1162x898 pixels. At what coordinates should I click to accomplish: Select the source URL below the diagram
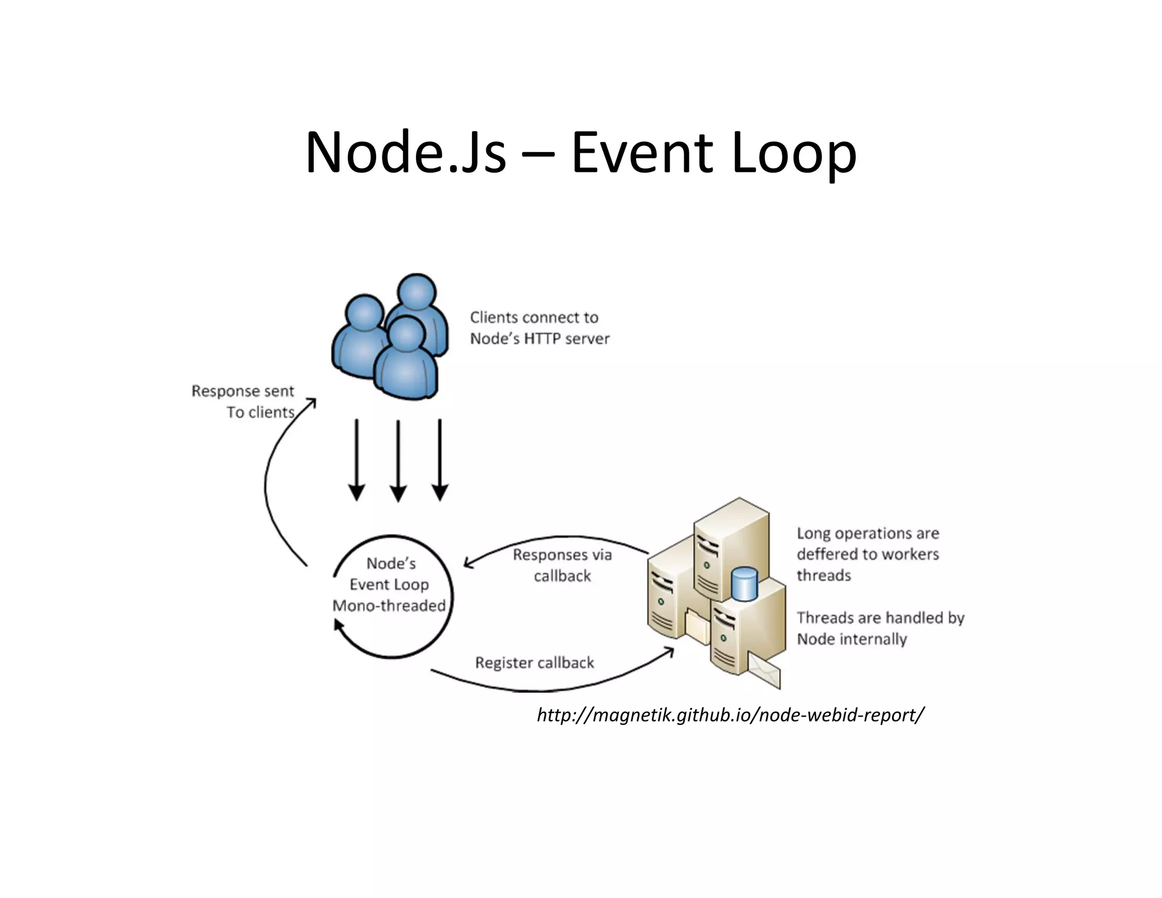pyautogui.click(x=730, y=715)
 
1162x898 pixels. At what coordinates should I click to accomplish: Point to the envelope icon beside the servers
pyautogui.click(x=764, y=670)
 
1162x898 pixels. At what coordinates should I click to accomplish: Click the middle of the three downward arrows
pyautogui.click(x=398, y=460)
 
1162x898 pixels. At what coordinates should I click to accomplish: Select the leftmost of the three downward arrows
pyautogui.click(x=356, y=460)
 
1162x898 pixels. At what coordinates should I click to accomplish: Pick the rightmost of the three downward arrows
pyautogui.click(x=440, y=460)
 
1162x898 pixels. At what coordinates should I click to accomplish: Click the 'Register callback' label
pyautogui.click(x=534, y=662)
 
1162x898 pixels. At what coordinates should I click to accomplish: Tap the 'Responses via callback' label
pyautogui.click(x=562, y=565)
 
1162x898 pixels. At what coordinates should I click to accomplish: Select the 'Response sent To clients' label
pyautogui.click(x=243, y=401)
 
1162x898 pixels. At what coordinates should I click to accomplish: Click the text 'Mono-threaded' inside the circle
pyautogui.click(x=389, y=606)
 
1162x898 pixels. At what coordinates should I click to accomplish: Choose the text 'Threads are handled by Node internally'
pyautogui.click(x=880, y=628)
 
